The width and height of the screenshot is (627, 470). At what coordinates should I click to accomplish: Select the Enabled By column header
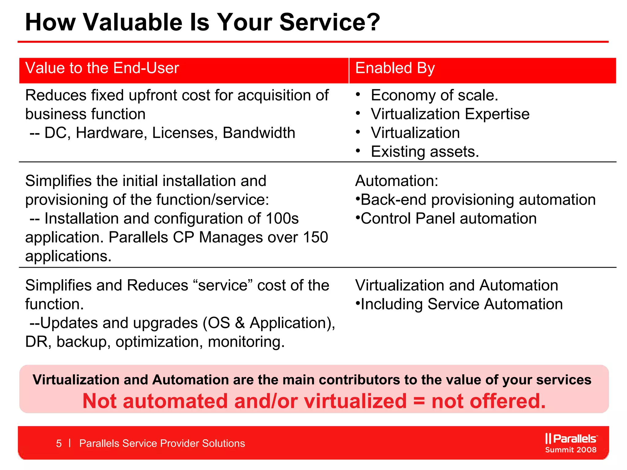click(x=395, y=68)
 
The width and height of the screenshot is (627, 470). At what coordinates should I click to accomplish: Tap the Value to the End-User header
click(x=102, y=68)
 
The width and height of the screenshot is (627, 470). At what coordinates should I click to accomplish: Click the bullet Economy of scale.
click(x=434, y=95)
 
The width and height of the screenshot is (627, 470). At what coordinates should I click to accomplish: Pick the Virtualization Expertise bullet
click(x=450, y=114)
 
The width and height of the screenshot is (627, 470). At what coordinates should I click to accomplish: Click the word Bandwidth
click(x=259, y=133)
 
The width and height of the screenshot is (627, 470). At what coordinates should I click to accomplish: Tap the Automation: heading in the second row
click(x=396, y=181)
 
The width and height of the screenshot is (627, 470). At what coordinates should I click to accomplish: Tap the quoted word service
click(x=223, y=285)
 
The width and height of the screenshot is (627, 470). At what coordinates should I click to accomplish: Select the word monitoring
click(x=246, y=342)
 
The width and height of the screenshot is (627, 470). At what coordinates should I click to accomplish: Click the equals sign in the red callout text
click(x=419, y=401)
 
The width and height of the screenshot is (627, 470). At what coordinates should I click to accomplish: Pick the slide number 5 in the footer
click(x=59, y=443)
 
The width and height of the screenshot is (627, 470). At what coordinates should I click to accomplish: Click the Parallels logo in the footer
click(x=571, y=438)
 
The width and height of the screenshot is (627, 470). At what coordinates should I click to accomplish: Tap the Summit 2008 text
click(x=571, y=450)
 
